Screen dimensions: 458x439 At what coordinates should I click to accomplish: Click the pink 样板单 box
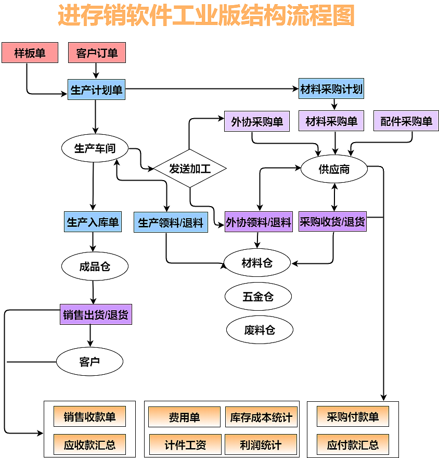pyautogui.click(x=30, y=53)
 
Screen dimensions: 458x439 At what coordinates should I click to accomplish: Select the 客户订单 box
pyautogui.click(x=97, y=53)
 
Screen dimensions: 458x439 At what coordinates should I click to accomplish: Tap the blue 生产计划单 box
pyautogui.click(x=96, y=90)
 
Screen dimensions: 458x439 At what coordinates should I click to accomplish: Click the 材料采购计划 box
pyautogui.click(x=331, y=88)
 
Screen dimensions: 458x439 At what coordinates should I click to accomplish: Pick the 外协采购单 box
pyautogui.click(x=256, y=121)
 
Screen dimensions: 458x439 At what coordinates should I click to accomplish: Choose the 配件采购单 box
pyautogui.click(x=406, y=121)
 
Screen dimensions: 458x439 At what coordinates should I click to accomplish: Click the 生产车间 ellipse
pyautogui.click(x=94, y=148)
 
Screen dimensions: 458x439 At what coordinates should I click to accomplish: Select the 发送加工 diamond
pyautogui.click(x=190, y=168)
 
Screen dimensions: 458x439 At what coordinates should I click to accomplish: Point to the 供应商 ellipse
pyautogui.click(x=334, y=169)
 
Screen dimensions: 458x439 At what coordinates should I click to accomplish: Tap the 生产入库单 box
pyautogui.click(x=93, y=222)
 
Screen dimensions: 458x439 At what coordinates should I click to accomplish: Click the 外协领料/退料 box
pyautogui.click(x=259, y=222)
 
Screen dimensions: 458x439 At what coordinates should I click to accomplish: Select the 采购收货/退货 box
pyautogui.click(x=332, y=222)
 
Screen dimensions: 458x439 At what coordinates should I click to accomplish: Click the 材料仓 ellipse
pyautogui.click(x=257, y=263)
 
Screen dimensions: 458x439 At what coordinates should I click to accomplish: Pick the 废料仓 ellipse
pyautogui.click(x=260, y=329)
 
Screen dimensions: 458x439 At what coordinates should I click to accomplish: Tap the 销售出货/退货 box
pyautogui.click(x=96, y=314)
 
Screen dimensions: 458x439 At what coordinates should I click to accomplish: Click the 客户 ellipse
pyautogui.click(x=89, y=361)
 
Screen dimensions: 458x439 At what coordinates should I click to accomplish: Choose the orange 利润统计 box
pyautogui.click(x=261, y=445)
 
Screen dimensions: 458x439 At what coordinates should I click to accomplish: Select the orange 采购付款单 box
pyautogui.click(x=353, y=416)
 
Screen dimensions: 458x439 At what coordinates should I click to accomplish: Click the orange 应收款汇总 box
pyautogui.click(x=89, y=445)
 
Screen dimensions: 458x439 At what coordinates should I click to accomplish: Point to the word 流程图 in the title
pyautogui.click(x=322, y=16)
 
